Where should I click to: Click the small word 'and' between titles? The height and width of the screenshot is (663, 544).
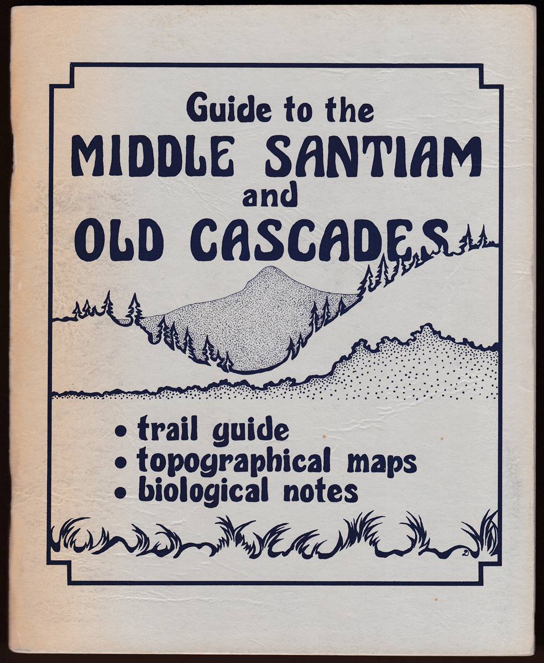point(270,196)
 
